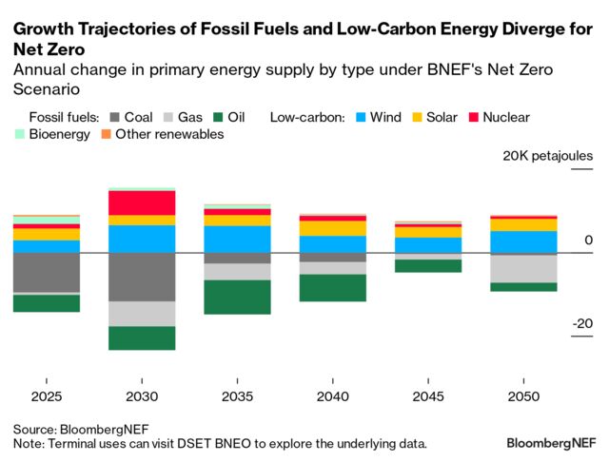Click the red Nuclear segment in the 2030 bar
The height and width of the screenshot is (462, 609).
[142, 202]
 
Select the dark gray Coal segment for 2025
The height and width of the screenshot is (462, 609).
[46, 272]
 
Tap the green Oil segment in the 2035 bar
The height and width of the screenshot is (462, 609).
[238, 297]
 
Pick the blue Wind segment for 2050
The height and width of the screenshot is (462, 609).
[523, 241]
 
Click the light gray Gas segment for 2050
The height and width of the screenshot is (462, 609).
[523, 268]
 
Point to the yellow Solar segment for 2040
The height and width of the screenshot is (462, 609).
[333, 228]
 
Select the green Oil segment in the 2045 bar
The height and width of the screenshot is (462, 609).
[428, 265]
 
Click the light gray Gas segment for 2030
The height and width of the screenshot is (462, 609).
[142, 314]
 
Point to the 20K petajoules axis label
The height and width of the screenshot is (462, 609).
[548, 155]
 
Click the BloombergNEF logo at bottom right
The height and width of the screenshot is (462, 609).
[551, 443]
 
